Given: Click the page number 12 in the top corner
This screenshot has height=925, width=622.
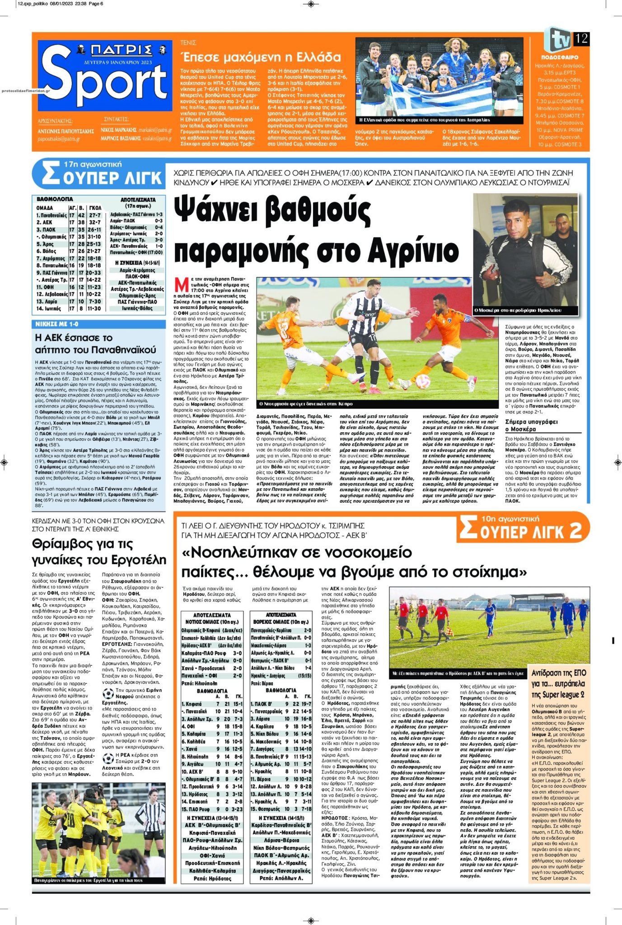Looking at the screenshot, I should pos(581,38).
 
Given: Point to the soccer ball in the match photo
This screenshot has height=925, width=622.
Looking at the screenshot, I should pos(423,382).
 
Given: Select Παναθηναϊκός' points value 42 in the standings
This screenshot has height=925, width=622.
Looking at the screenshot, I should pos(81,215).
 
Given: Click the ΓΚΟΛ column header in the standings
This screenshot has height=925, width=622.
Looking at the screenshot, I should pos(95,208).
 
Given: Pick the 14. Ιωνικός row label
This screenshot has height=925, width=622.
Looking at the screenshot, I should pos(50,308).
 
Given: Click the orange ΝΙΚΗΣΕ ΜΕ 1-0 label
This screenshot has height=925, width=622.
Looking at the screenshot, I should pos(57,324).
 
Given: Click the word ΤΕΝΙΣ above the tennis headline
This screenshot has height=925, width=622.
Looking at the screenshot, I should pos(188,43).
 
